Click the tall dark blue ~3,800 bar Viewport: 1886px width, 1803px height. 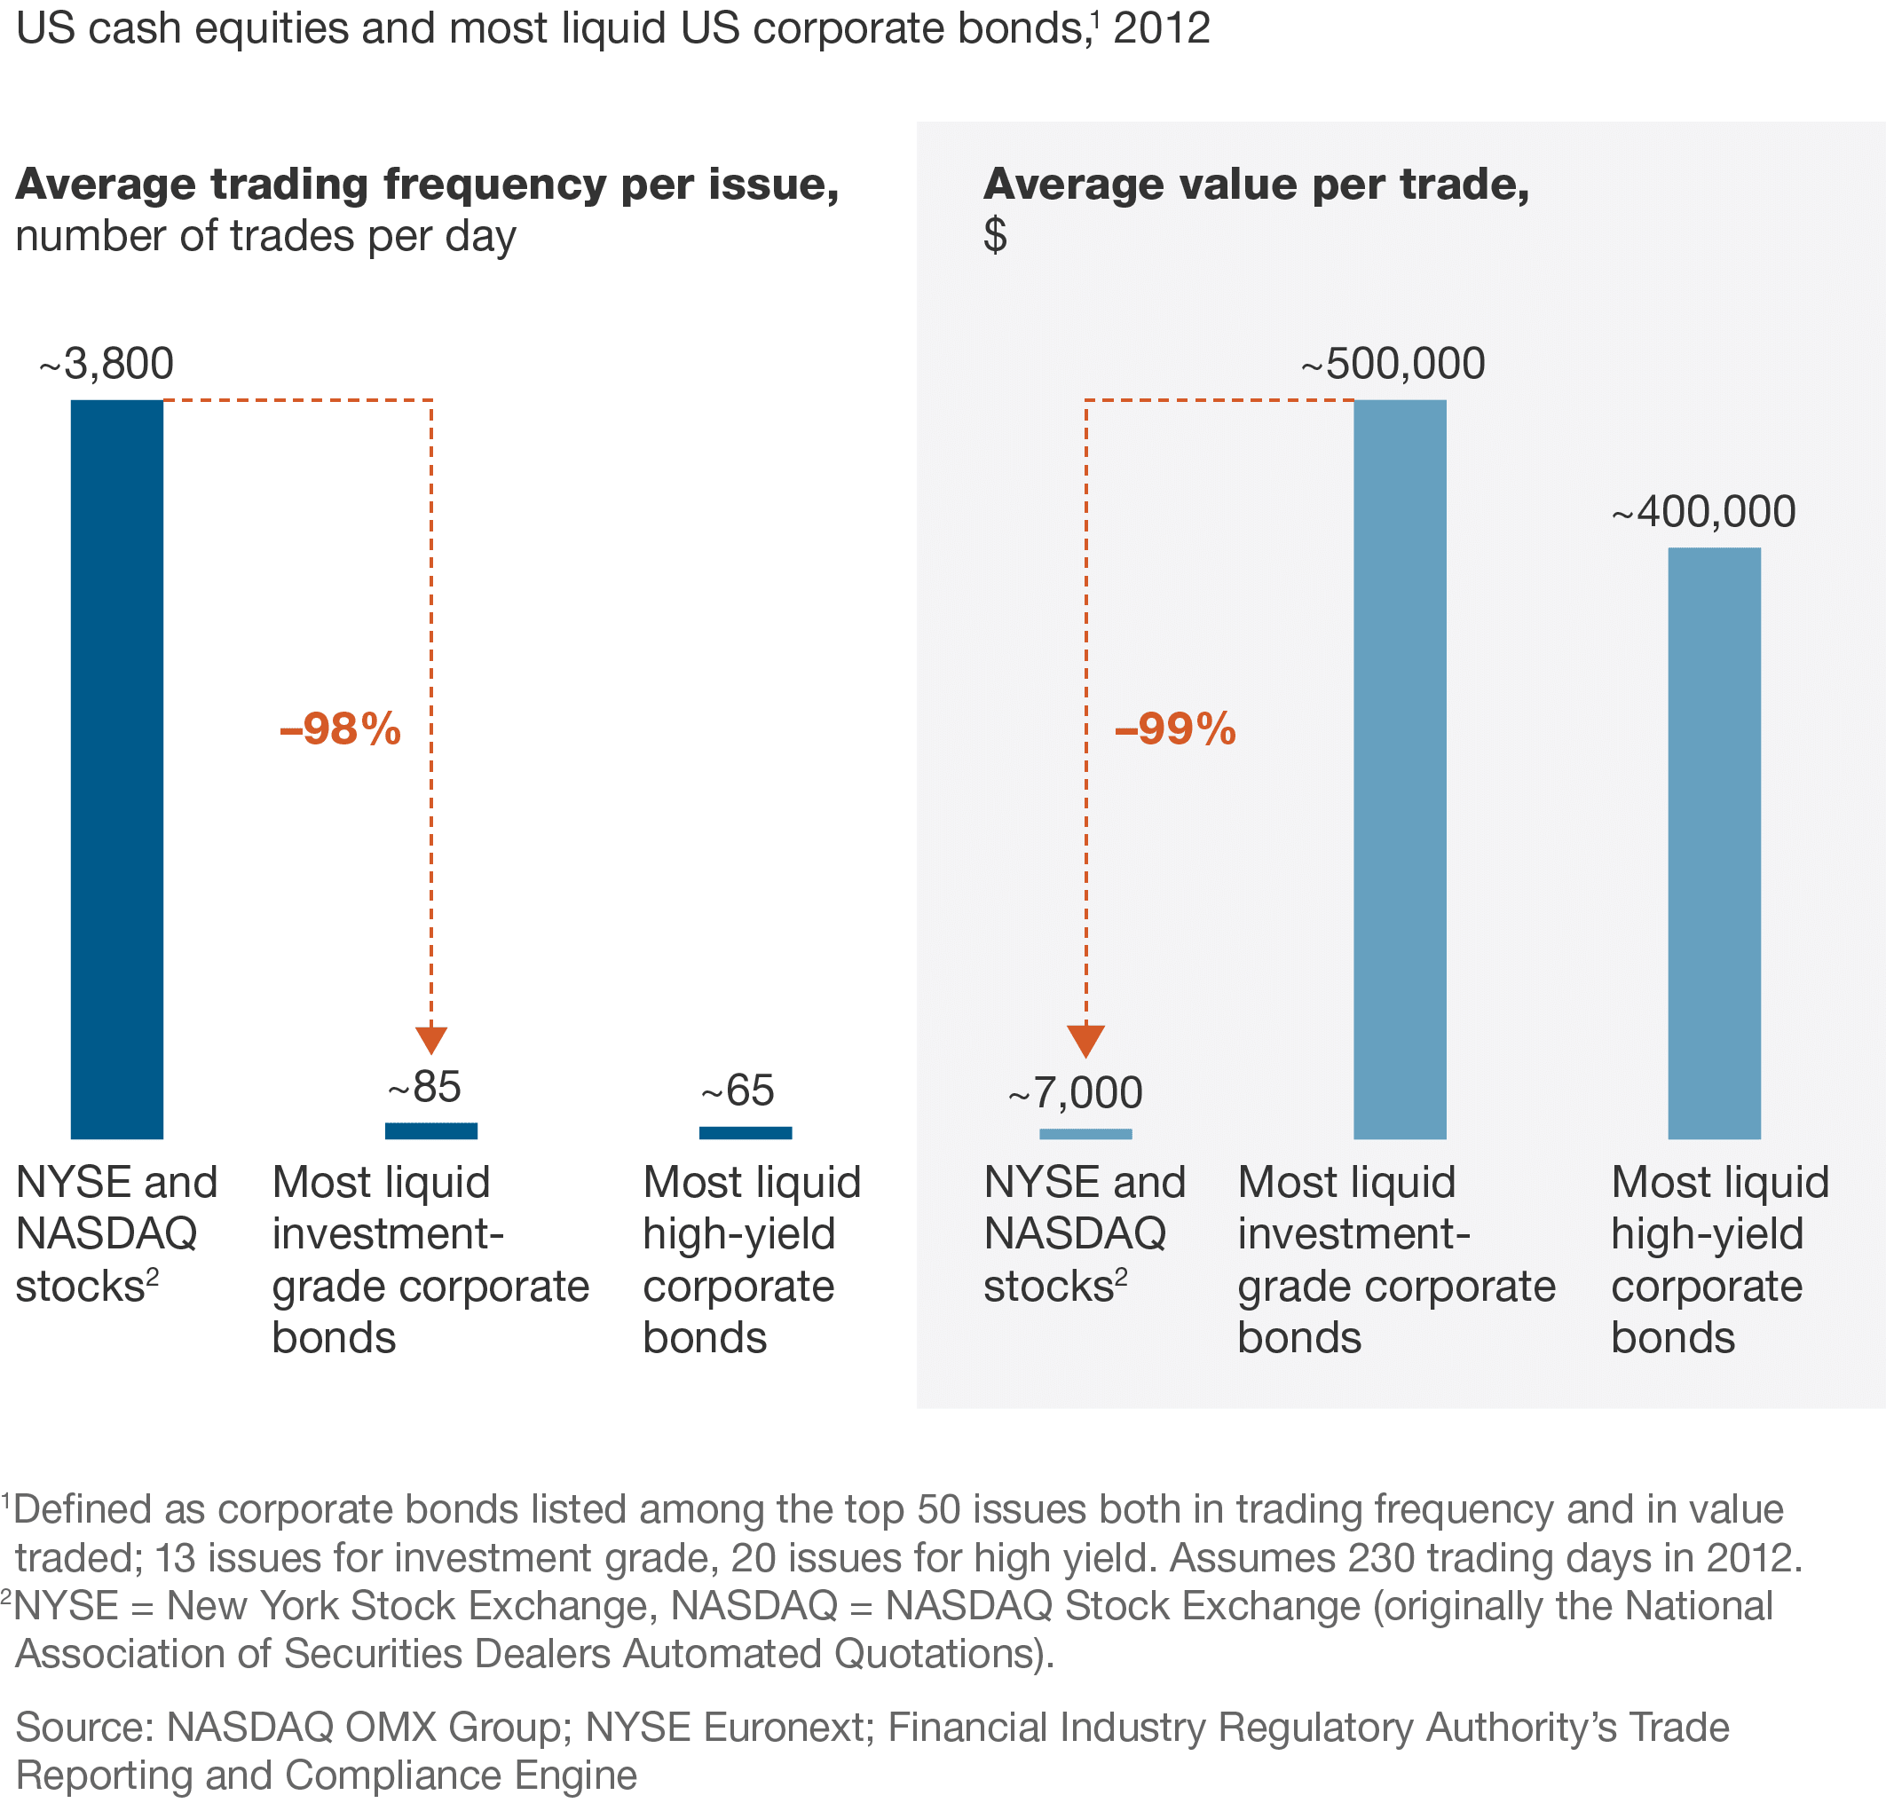point(116,769)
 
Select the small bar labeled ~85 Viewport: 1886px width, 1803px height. point(430,1130)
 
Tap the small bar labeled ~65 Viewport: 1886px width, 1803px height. point(745,1132)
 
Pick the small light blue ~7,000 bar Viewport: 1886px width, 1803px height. point(1085,1134)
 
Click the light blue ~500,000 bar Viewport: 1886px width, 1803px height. point(1400,769)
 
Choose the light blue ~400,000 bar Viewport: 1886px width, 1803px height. point(1714,843)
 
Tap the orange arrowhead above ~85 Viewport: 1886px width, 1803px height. point(430,1040)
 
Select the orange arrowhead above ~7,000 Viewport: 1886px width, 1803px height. point(1085,1040)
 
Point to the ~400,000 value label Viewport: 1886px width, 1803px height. point(1703,512)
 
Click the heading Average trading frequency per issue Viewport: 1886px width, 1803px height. point(427,185)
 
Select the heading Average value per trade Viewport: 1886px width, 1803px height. point(1256,185)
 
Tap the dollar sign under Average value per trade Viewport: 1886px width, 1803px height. point(995,234)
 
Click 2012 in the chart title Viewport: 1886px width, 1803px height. point(1161,28)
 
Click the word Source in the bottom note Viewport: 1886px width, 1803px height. point(83,1727)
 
